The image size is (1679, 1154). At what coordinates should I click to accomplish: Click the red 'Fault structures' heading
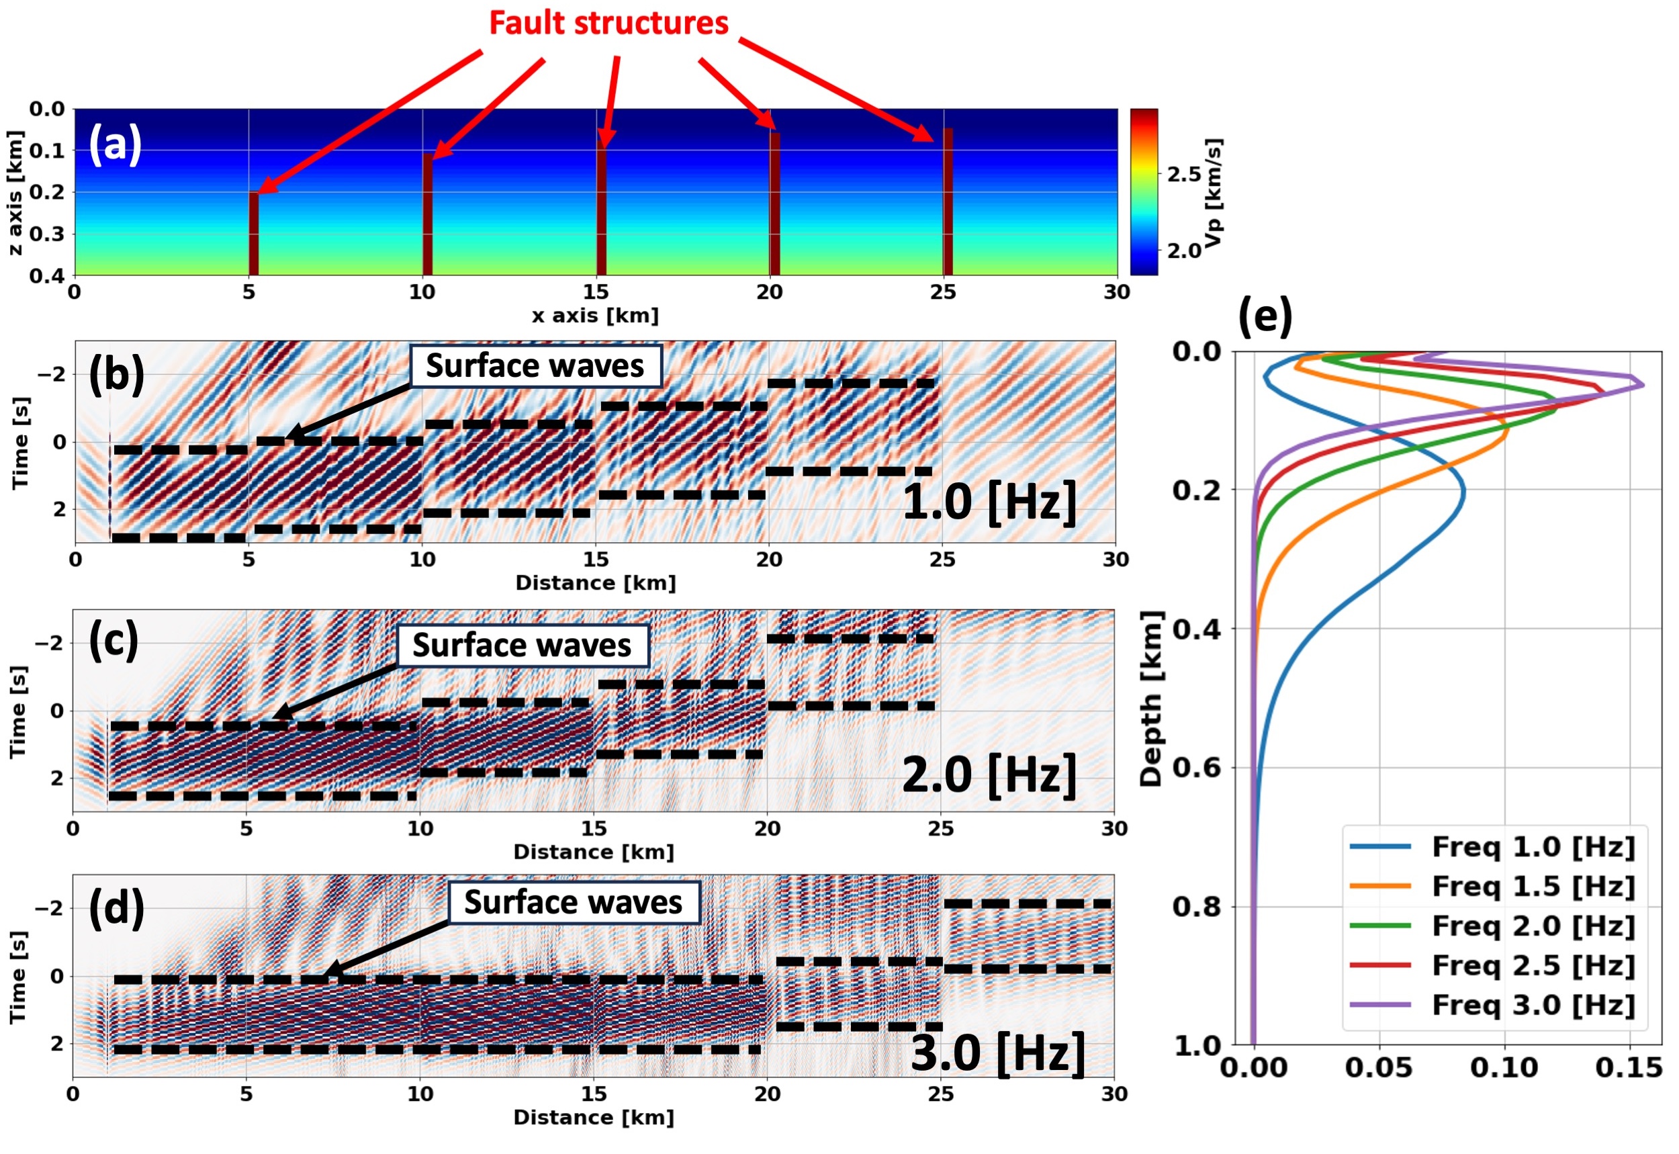point(608,23)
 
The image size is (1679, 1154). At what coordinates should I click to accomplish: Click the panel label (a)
point(115,144)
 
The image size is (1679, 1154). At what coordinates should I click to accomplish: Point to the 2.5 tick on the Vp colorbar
point(1184,174)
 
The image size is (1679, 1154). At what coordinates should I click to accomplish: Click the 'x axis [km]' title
point(595,316)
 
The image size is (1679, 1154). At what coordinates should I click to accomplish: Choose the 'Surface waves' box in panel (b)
point(535,366)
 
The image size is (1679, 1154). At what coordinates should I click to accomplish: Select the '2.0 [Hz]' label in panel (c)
point(989,774)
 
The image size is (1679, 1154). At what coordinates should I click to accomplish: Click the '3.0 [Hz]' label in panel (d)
point(997,1053)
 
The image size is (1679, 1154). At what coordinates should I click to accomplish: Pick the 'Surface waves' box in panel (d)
point(574,902)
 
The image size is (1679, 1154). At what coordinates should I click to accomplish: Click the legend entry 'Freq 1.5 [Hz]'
point(1533,887)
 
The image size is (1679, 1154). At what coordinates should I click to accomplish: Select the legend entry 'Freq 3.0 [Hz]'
point(1533,1005)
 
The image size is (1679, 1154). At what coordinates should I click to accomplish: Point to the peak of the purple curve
point(1643,385)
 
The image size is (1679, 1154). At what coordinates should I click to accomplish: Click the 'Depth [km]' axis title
point(1150,699)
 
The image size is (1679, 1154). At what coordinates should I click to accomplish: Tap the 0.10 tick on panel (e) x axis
point(1504,1067)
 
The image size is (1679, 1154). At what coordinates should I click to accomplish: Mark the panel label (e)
point(1265,316)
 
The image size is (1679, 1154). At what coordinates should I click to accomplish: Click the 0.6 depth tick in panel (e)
point(1195,767)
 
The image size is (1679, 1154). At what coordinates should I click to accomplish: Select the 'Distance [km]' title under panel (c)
point(594,852)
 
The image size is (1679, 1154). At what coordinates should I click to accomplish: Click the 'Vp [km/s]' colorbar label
point(1214,192)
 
